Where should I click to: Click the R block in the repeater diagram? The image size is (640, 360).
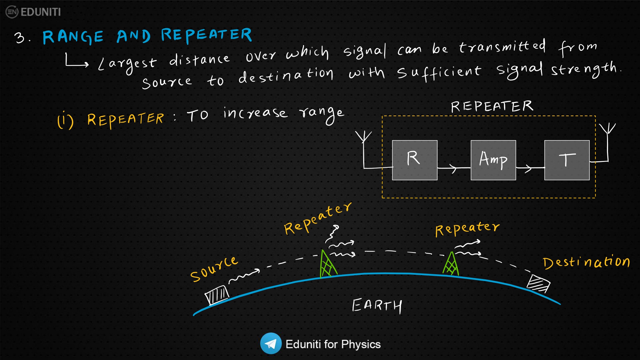[414, 160]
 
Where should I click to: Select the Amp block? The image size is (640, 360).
[493, 160]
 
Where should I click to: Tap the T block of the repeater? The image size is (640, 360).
[567, 160]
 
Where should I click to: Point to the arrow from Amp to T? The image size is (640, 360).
[530, 168]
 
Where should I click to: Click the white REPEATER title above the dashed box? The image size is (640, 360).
[492, 107]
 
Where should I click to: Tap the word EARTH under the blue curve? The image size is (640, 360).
[377, 306]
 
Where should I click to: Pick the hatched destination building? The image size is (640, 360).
[538, 283]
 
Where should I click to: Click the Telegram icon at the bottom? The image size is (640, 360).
[271, 344]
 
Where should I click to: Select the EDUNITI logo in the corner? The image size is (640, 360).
[33, 12]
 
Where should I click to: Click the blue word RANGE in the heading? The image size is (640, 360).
[73, 37]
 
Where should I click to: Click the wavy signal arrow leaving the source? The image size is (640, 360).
[244, 276]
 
